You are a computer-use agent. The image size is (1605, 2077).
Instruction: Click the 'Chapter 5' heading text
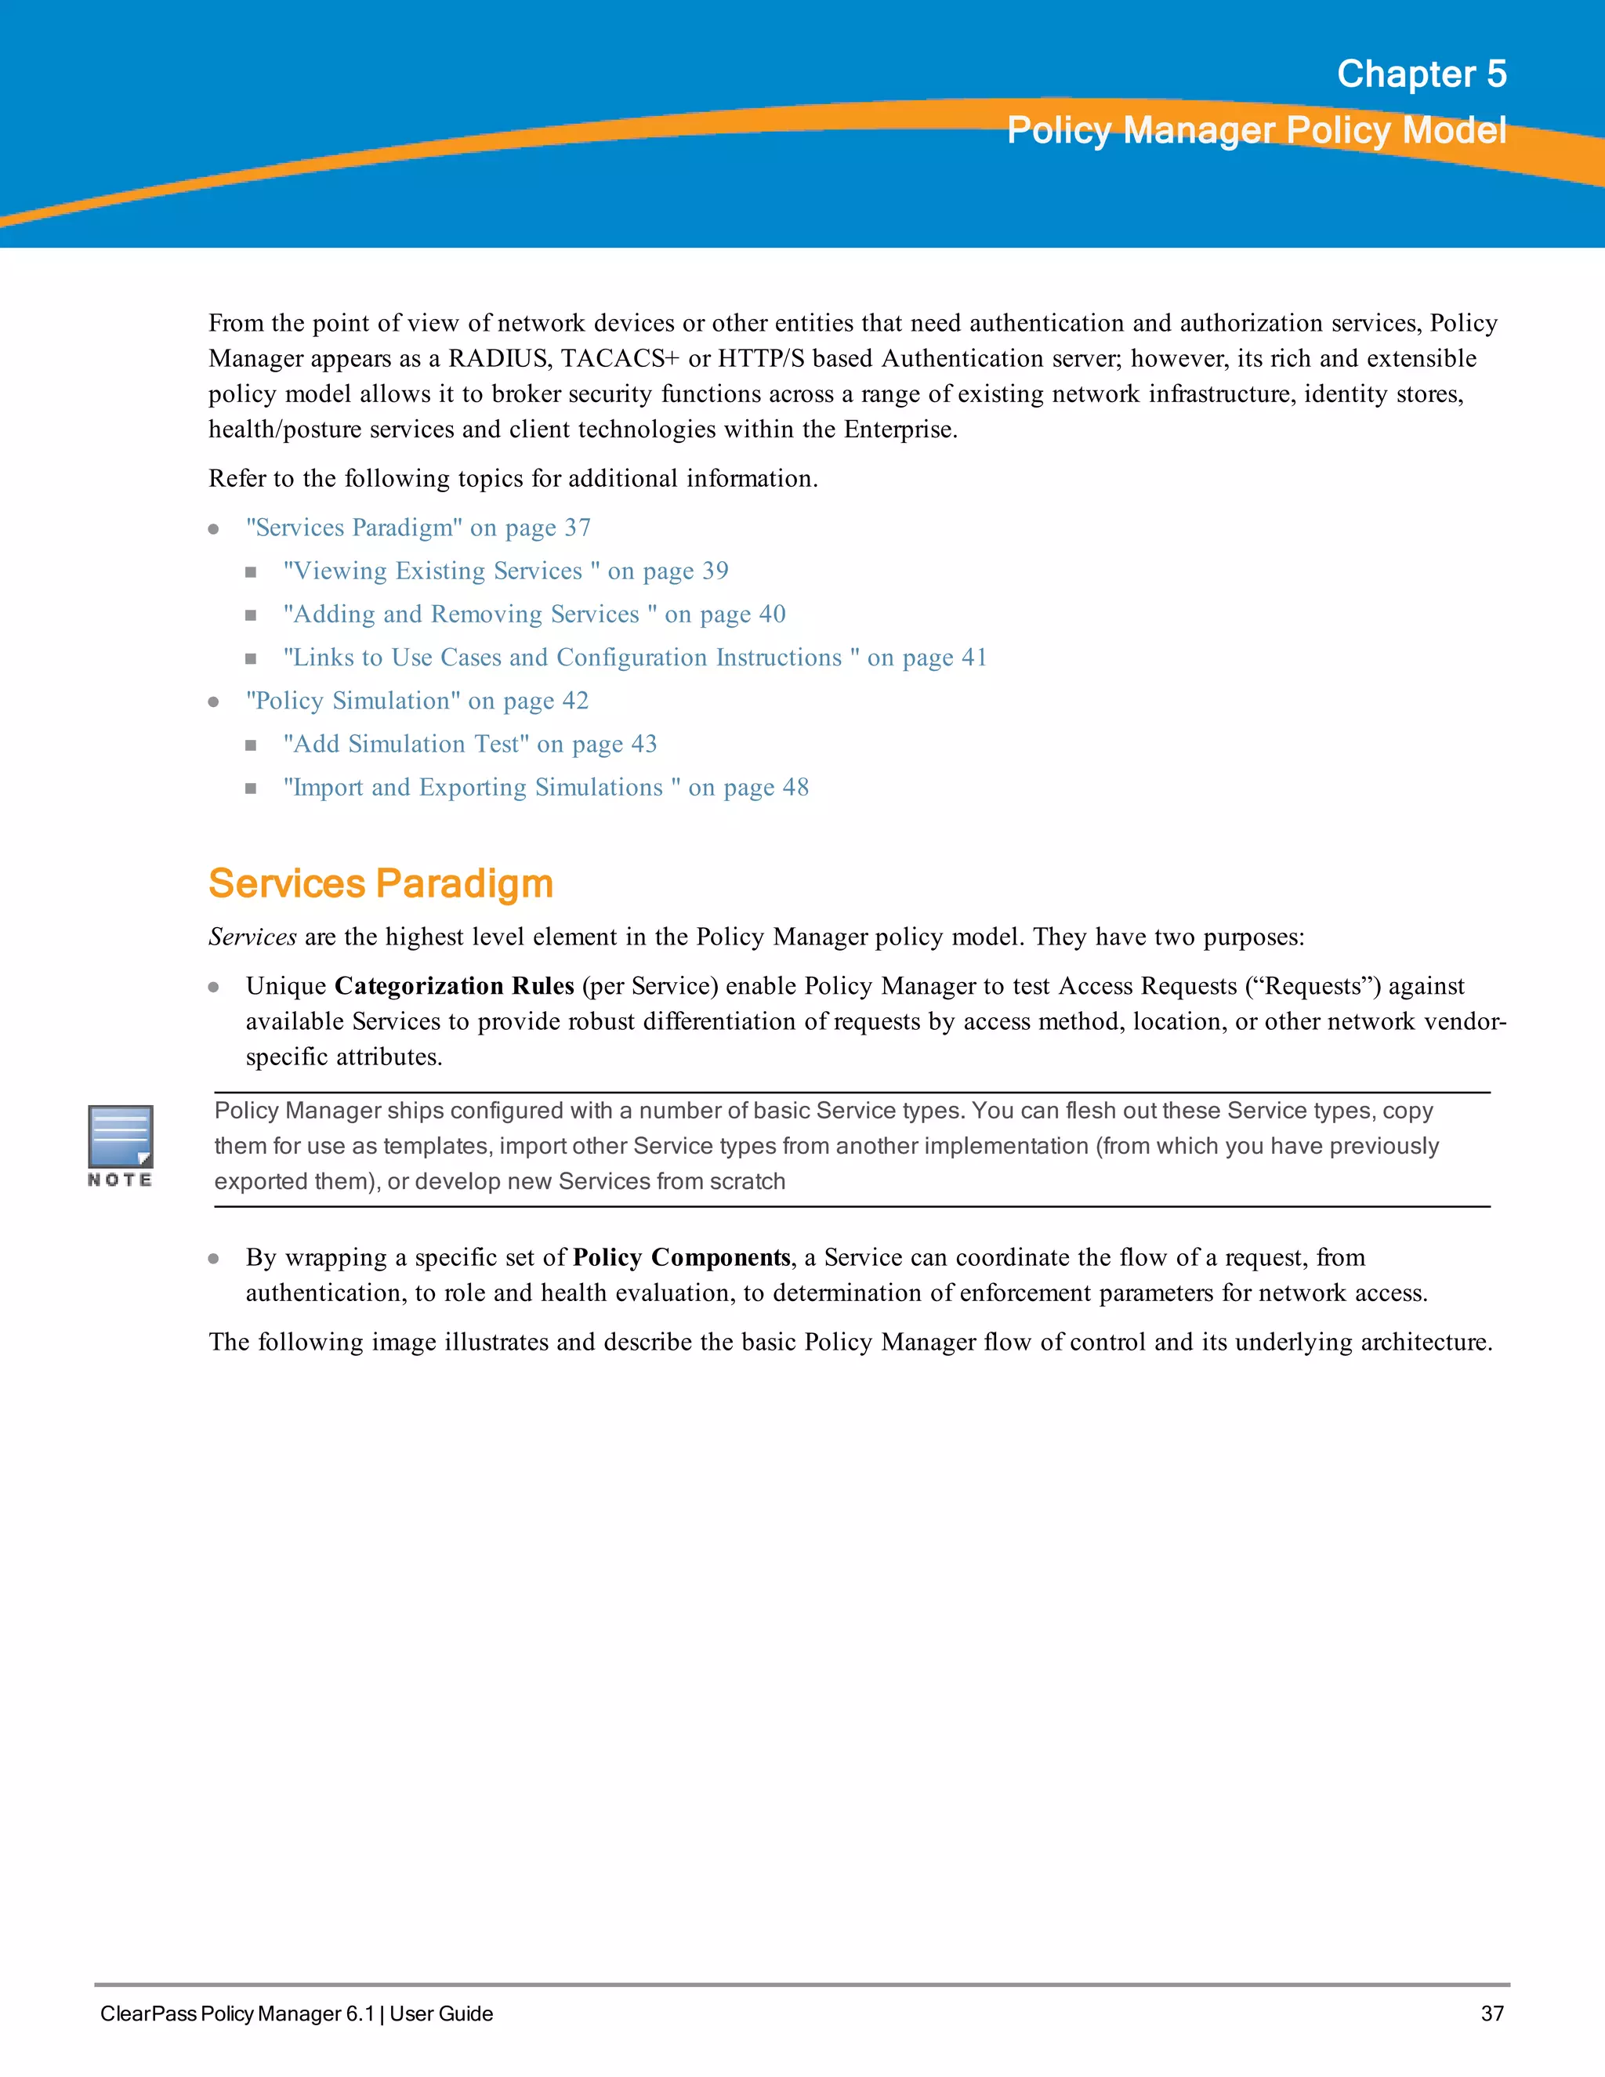[x=1421, y=74]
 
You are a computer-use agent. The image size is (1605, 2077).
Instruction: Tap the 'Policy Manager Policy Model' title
[x=1256, y=130]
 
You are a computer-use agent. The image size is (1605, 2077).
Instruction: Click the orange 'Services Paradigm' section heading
[x=380, y=883]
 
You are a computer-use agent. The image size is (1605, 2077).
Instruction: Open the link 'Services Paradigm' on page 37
[x=418, y=527]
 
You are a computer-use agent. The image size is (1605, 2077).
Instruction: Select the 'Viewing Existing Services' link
[x=505, y=571]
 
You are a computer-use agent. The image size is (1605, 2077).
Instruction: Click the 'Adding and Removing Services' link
[x=534, y=614]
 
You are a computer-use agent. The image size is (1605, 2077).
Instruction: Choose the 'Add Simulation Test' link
[x=469, y=744]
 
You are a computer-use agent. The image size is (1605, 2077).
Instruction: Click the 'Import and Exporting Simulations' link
[x=545, y=788]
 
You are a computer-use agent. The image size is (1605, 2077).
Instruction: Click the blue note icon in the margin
[x=121, y=1136]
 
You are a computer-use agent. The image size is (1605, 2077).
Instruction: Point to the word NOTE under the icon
[x=120, y=1180]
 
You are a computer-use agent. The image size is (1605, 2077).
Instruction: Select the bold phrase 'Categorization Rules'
[x=455, y=986]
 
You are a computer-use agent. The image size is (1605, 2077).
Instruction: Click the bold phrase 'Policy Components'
[x=681, y=1257]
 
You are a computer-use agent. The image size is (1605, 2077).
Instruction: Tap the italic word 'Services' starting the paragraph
[x=252, y=937]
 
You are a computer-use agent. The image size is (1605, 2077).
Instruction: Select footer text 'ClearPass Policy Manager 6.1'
[x=237, y=2014]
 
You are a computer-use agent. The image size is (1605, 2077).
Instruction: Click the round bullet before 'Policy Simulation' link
[x=214, y=701]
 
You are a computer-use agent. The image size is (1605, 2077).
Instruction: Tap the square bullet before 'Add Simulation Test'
[x=251, y=745]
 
